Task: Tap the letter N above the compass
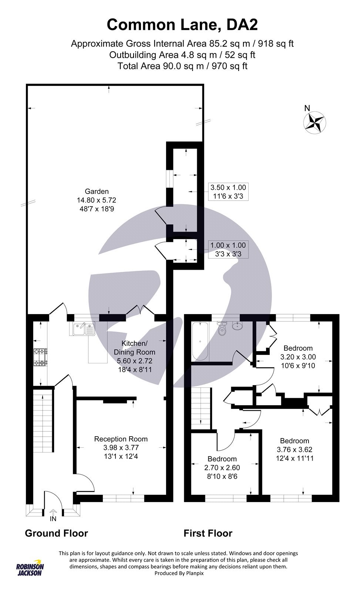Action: coord(307,108)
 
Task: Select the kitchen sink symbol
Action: coord(82,329)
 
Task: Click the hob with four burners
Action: coord(40,357)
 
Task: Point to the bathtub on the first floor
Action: coord(200,341)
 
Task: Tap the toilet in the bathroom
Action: coord(222,329)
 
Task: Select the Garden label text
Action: coord(97,191)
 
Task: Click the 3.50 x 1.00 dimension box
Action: coord(228,192)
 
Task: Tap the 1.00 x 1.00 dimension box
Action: coord(228,249)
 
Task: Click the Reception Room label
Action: coord(121,439)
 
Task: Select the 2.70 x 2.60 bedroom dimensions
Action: coord(222,468)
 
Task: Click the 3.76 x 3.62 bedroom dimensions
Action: coord(295,450)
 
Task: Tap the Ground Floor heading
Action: coord(56,533)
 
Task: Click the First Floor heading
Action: coord(208,533)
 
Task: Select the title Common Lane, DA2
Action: coord(182,25)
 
